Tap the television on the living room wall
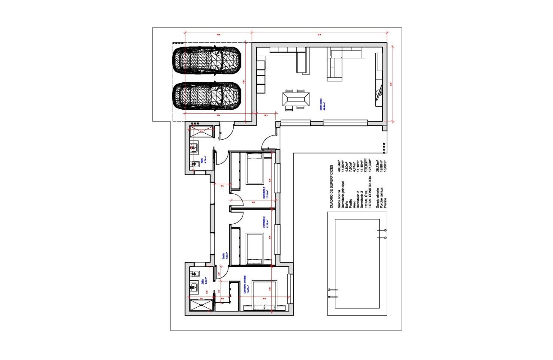point(379,91)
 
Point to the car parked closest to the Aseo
point(207,96)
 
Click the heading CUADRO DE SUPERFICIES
point(331,186)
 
